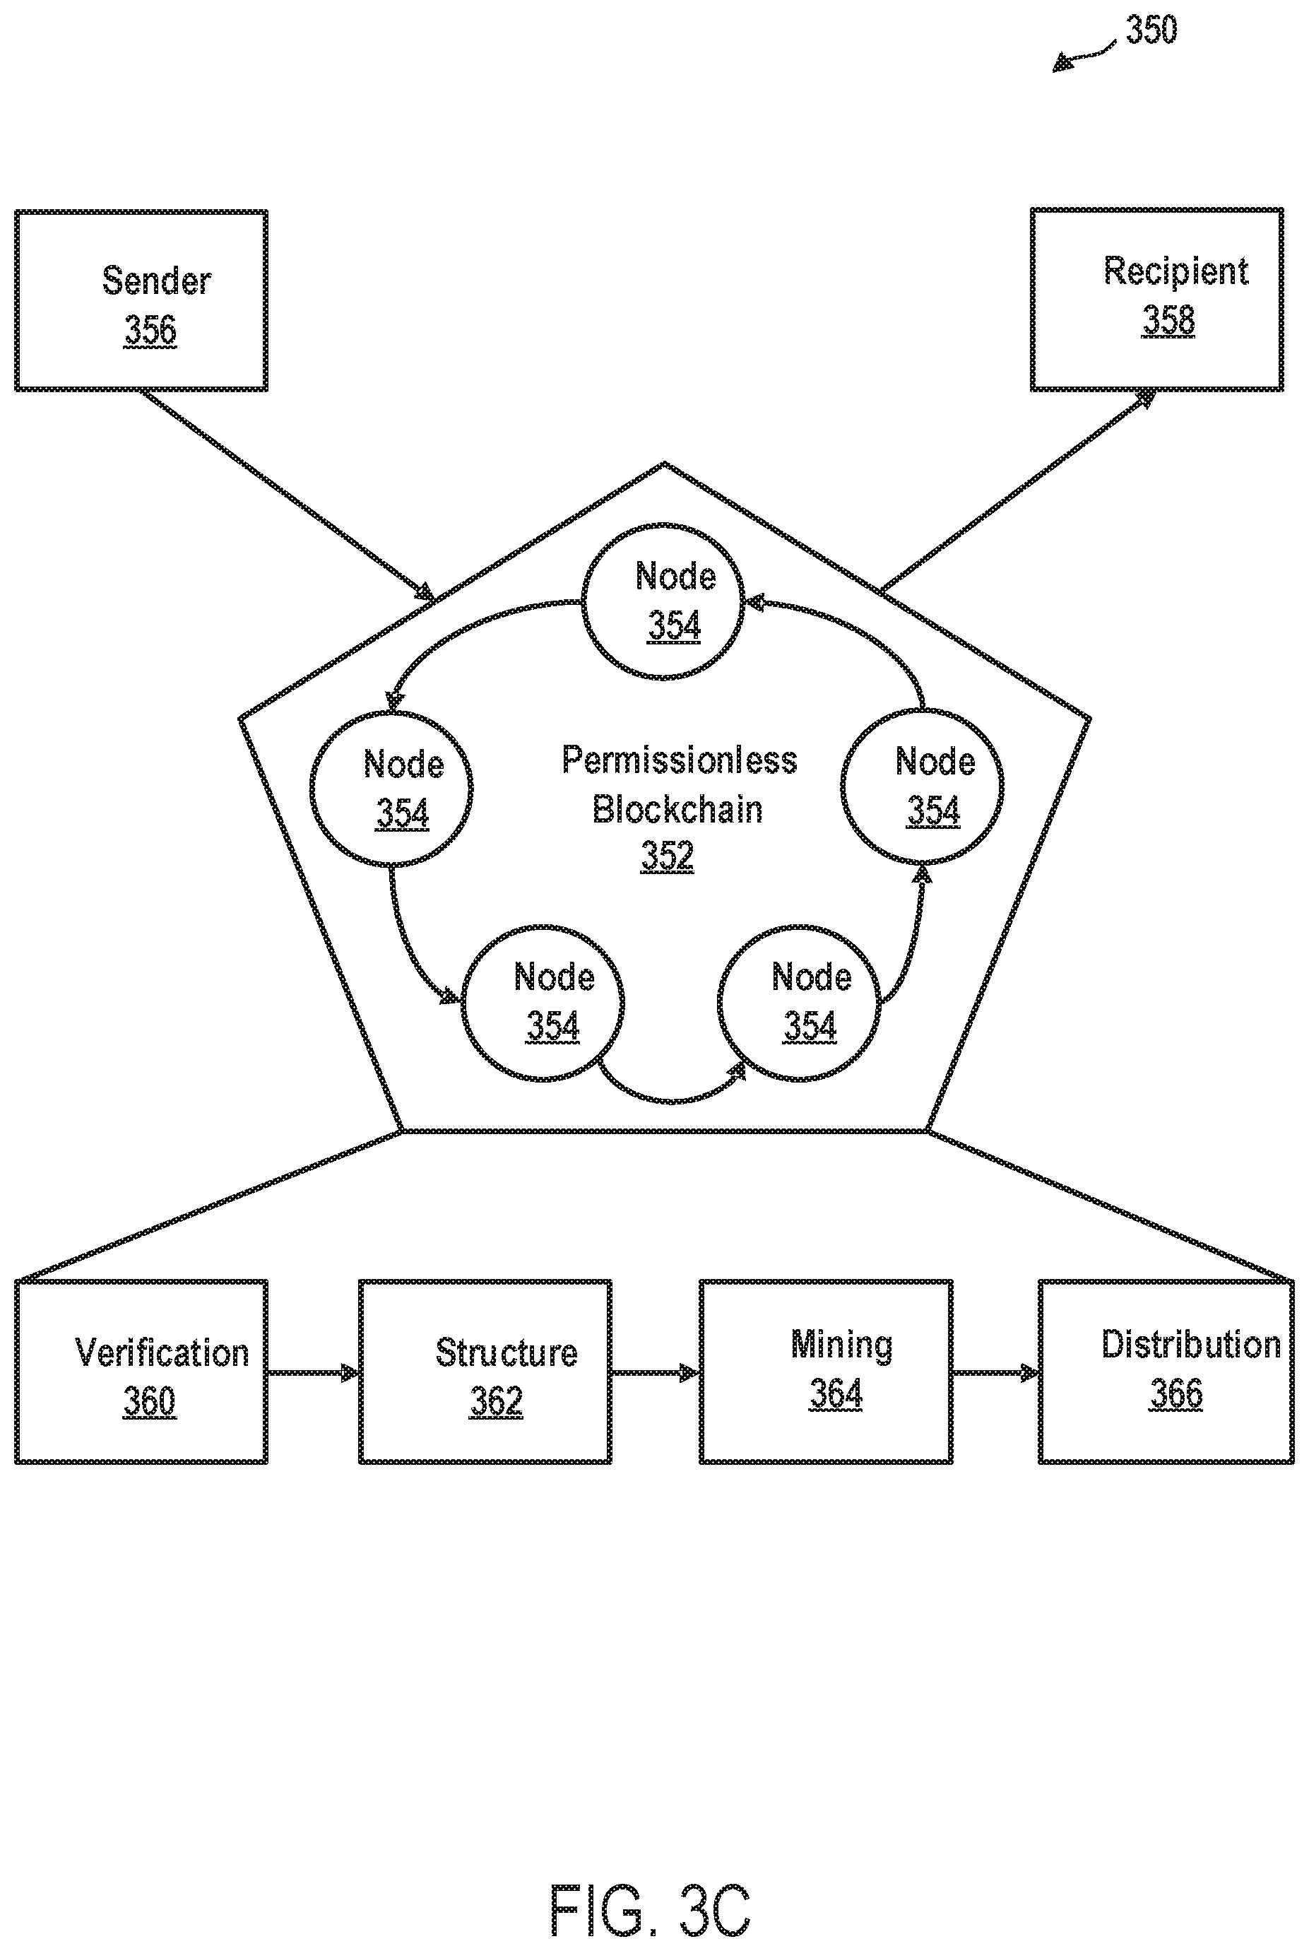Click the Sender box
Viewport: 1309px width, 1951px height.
pos(141,300)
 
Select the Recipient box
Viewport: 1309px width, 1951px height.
pos(1157,300)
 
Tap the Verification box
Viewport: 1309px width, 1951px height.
pos(141,1372)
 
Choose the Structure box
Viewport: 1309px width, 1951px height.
pos(485,1372)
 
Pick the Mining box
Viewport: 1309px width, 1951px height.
pos(826,1372)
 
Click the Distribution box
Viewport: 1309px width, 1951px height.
pos(1166,1372)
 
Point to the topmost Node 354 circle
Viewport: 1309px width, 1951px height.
pos(663,602)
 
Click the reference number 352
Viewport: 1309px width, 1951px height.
pos(667,856)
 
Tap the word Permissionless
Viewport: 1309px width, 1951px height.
pos(680,760)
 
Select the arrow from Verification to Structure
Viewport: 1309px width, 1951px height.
pos(313,1372)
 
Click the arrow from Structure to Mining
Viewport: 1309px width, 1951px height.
pos(656,1372)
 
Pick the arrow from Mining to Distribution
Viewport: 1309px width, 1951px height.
pos(996,1372)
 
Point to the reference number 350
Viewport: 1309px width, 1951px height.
pos(1151,30)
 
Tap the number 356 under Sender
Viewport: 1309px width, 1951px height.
pos(150,330)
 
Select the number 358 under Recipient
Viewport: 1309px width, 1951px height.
pos(1168,319)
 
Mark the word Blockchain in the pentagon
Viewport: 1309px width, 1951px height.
pos(677,809)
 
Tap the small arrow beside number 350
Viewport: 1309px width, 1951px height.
pos(1083,55)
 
